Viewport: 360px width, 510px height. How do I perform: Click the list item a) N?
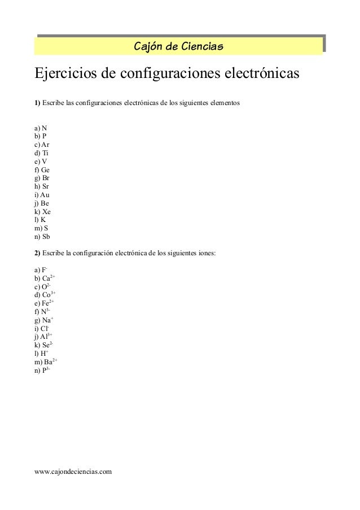point(41,128)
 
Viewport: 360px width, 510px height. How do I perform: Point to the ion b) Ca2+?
point(44,278)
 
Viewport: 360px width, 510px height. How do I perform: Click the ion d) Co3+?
point(45,295)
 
